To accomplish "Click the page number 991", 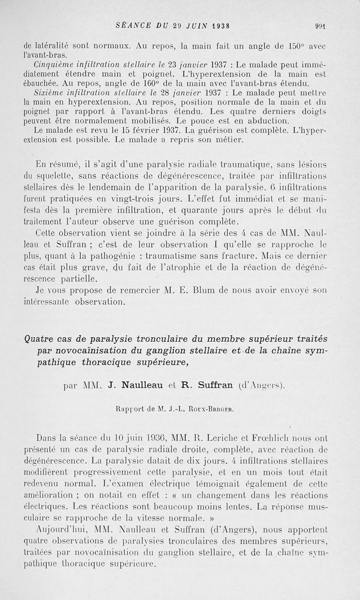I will pos(320,26).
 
